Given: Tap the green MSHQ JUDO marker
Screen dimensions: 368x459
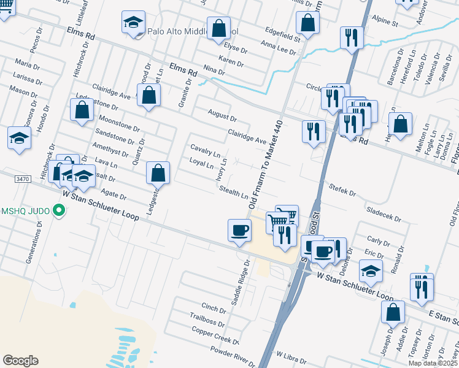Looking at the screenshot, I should coord(60,213).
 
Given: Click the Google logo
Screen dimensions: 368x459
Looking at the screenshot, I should coord(21,361).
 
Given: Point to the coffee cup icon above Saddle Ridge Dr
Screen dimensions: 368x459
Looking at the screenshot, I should coord(239,231).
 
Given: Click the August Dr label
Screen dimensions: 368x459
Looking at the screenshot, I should coord(222,116).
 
